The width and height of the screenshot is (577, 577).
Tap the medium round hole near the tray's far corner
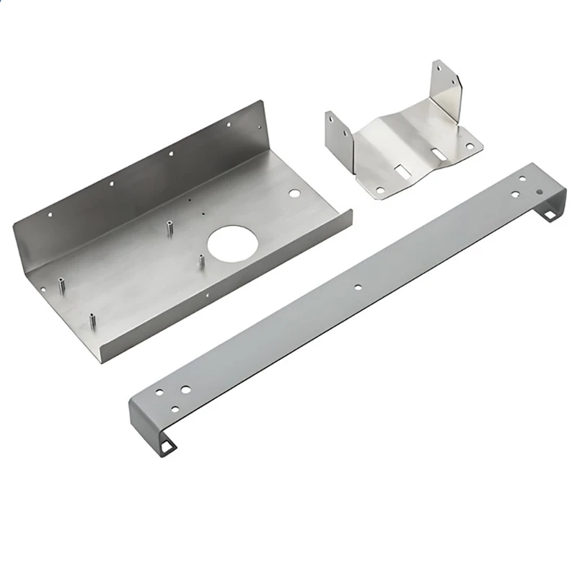point(294,194)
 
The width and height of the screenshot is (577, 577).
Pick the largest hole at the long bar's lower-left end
point(185,389)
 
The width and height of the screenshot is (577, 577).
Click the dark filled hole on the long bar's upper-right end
point(539,193)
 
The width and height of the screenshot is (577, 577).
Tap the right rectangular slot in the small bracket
point(437,154)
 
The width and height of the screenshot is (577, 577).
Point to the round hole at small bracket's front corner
point(379,190)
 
